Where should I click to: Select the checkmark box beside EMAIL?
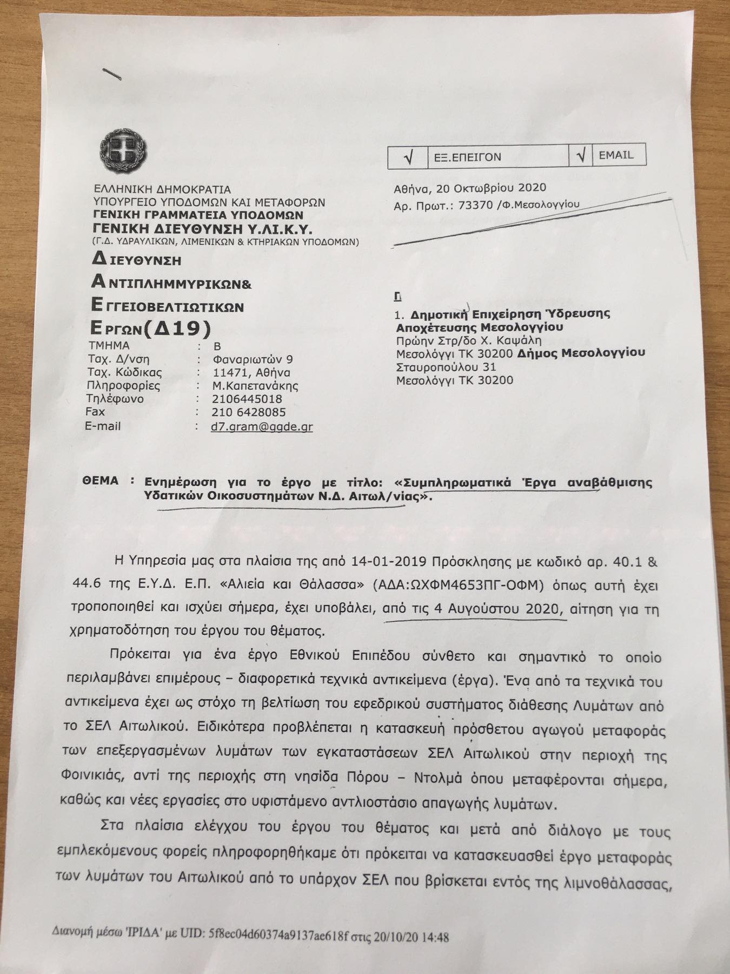coord(581,156)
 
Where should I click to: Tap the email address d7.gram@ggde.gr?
coord(262,426)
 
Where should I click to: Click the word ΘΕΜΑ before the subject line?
coord(101,481)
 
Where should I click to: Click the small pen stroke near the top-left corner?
coord(114,74)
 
